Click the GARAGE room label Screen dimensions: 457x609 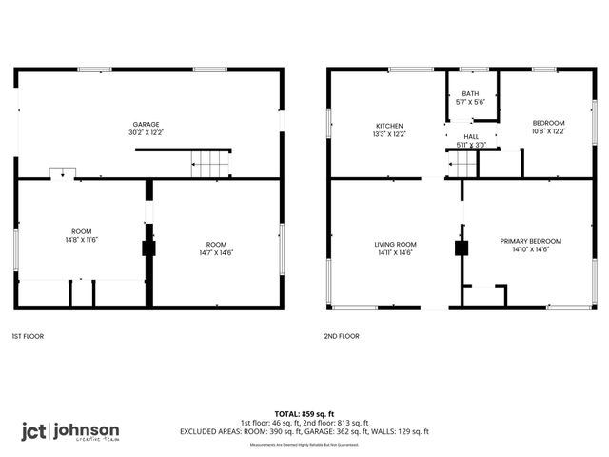click(146, 125)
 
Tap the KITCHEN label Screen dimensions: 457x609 click(389, 126)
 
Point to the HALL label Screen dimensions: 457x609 click(471, 137)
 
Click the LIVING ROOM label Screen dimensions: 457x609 click(395, 245)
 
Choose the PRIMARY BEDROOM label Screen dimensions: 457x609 click(531, 241)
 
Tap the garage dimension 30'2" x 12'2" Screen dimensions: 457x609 click(146, 133)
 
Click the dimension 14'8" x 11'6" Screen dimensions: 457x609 click(81, 240)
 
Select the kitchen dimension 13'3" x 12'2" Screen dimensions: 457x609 click(389, 134)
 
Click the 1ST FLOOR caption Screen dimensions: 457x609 click(28, 336)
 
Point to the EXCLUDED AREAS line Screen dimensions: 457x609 click(304, 431)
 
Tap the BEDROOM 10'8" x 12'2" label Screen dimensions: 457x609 click(548, 127)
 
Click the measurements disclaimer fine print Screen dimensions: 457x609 click(304, 445)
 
